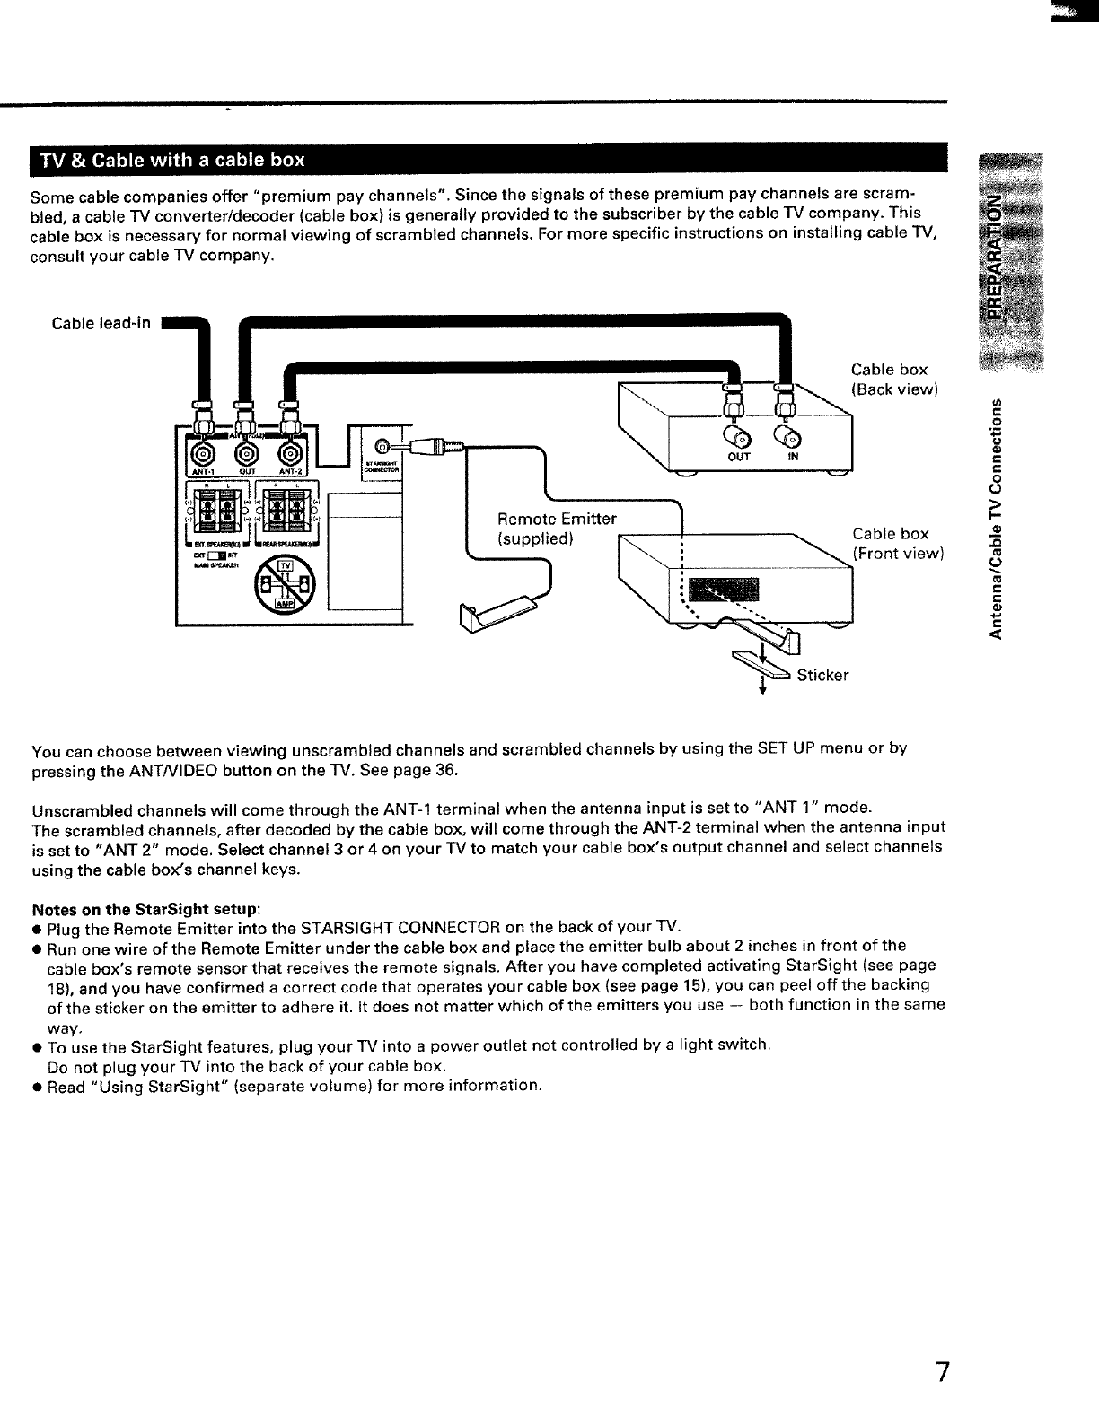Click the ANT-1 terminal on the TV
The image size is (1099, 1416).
point(204,455)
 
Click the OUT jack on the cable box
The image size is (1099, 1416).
point(740,439)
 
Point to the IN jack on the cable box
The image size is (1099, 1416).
point(792,438)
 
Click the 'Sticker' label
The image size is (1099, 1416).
point(822,675)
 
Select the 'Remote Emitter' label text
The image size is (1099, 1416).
point(557,520)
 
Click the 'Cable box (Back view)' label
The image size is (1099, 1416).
point(894,379)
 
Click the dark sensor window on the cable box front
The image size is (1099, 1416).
point(728,590)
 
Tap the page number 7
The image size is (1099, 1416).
point(942,1372)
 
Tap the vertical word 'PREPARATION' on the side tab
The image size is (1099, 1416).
point(995,255)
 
